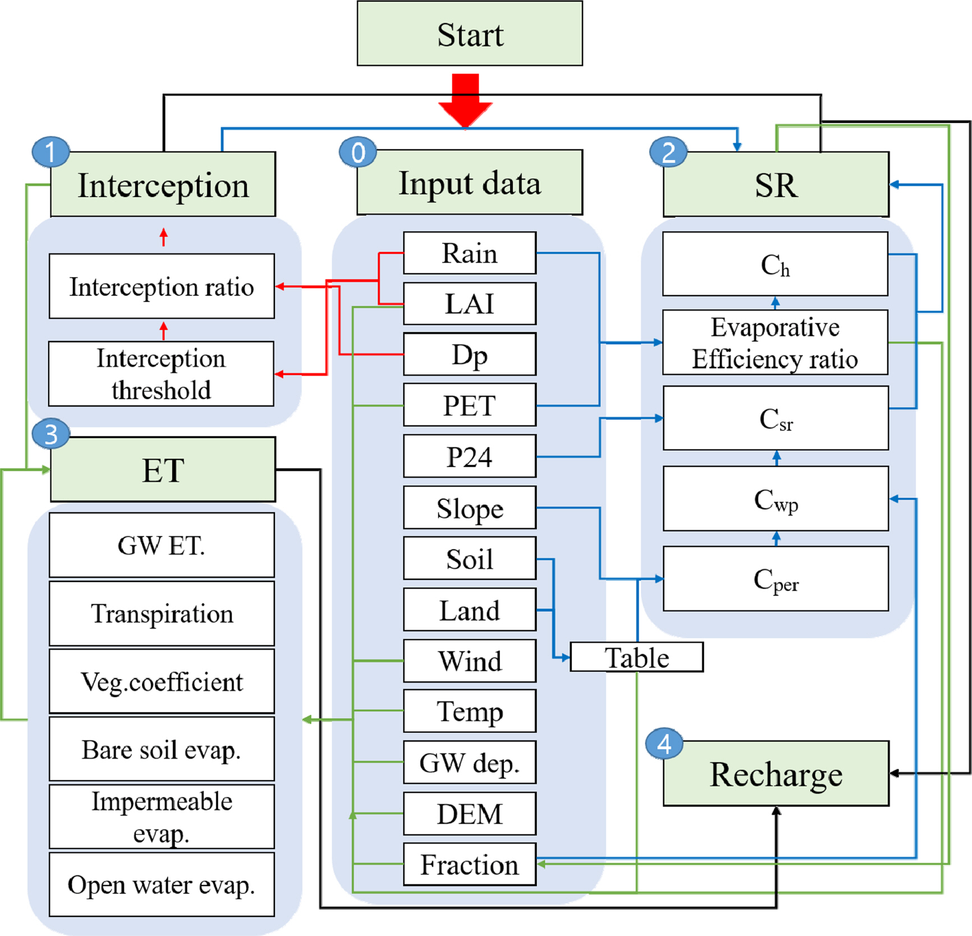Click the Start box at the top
[470, 34]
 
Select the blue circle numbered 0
[358, 152]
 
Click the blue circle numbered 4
[664, 744]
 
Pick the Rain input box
[470, 253]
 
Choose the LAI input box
[470, 304]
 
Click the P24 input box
[470, 456]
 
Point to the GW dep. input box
[470, 763]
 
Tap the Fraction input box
[470, 865]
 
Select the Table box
[636, 658]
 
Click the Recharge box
[776, 774]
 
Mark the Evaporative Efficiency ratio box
[775, 343]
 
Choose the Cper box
[776, 579]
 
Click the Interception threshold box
[161, 374]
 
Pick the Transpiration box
[162, 614]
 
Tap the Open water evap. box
[162, 885]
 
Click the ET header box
[163, 470]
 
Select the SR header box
[776, 185]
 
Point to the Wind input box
[470, 661]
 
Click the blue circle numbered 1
[51, 152]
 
